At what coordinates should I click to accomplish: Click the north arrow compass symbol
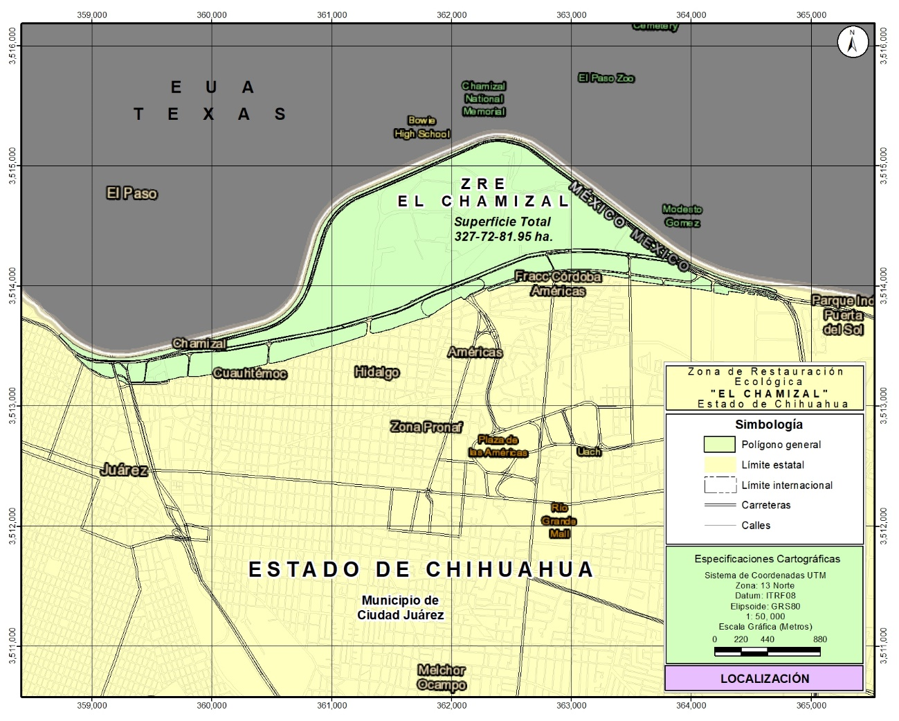(852, 42)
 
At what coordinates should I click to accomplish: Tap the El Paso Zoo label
(606, 78)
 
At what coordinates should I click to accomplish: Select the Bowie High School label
(421, 127)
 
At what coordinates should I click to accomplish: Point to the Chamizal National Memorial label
(484, 98)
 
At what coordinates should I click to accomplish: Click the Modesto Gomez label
(682, 216)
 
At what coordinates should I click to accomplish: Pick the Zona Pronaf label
(426, 427)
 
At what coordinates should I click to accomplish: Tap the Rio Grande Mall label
(559, 521)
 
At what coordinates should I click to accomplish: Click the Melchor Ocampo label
(442, 677)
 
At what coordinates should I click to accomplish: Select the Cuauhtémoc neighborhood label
(250, 373)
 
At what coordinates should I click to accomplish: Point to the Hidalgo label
(376, 373)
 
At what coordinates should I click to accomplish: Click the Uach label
(589, 452)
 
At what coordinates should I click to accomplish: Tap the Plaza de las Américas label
(498, 446)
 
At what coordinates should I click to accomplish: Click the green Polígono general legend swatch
(719, 445)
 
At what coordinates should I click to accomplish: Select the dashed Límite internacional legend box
(720, 485)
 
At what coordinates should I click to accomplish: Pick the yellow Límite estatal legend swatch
(719, 465)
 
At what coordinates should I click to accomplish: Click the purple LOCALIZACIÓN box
(764, 678)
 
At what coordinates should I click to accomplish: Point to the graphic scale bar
(767, 651)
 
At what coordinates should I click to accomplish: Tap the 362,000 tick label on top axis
(452, 15)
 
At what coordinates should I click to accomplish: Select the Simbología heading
(769, 425)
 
